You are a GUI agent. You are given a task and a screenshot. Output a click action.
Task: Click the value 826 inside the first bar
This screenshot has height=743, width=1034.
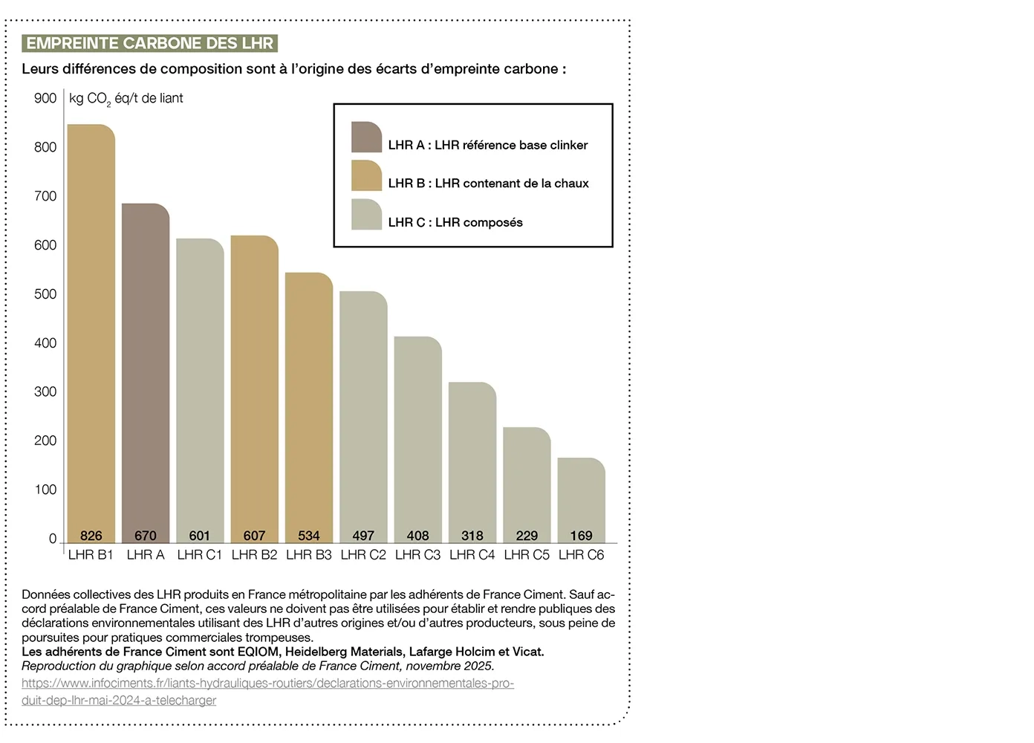[91, 536]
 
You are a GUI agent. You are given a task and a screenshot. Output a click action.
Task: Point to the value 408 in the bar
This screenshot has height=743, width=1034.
[417, 536]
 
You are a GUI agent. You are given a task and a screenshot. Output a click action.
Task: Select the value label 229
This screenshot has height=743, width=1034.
[527, 536]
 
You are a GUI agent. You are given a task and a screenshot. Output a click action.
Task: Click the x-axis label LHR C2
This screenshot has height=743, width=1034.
[363, 555]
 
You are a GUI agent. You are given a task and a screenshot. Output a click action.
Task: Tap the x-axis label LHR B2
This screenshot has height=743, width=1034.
[254, 555]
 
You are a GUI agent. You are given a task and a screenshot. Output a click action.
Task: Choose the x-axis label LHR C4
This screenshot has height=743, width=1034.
[472, 555]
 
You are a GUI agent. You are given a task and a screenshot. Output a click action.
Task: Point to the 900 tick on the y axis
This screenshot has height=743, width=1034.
[45, 98]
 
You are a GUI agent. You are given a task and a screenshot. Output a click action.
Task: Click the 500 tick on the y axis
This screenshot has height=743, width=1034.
[45, 294]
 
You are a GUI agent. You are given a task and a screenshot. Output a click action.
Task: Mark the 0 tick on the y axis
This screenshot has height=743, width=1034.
[53, 539]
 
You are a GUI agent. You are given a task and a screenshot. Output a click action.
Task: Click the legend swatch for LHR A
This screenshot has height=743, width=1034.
[366, 137]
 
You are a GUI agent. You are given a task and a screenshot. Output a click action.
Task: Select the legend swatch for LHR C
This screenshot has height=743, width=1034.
[366, 215]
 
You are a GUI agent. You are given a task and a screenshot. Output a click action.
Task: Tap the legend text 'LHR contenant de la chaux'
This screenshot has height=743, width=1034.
[512, 184]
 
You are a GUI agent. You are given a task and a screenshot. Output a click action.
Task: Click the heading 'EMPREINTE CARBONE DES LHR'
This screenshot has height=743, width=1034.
[149, 43]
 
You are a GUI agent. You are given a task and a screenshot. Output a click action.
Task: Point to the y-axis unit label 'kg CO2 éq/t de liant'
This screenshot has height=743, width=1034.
[126, 99]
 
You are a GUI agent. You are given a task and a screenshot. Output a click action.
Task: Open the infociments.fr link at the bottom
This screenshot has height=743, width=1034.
[267, 684]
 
